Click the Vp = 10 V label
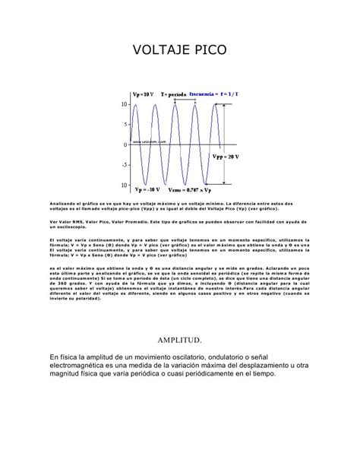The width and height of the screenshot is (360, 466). point(144,92)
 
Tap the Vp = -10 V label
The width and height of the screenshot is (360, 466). point(144,190)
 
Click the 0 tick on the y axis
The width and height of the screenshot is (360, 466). point(125,144)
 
